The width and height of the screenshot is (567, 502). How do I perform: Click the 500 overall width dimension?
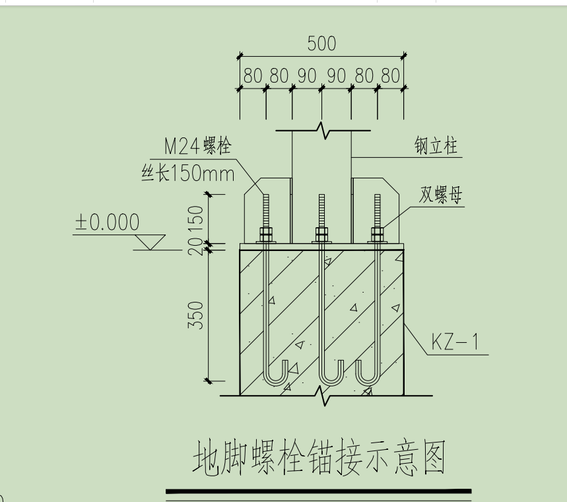[321, 44]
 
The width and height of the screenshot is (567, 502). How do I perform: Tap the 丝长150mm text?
[188, 174]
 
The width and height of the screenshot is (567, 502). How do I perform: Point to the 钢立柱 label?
[436, 146]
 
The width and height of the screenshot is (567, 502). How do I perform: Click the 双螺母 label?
[441, 196]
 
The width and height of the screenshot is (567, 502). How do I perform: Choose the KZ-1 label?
[455, 342]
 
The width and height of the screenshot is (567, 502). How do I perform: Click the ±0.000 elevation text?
[107, 223]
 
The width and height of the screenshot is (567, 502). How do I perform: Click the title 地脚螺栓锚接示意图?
[319, 459]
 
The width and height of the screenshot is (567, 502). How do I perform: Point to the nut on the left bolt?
[267, 234]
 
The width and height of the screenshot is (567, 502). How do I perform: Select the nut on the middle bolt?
[321, 234]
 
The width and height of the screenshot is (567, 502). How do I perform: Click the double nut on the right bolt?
[377, 234]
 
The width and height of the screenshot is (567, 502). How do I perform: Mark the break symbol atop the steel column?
[321, 130]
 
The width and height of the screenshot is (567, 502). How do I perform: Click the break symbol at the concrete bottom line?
[323, 396]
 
